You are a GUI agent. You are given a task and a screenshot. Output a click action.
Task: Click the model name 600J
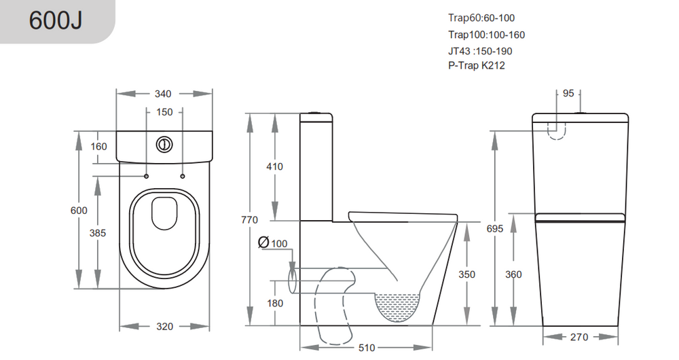click(x=56, y=20)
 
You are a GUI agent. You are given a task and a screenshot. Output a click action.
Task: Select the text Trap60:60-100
click(x=481, y=18)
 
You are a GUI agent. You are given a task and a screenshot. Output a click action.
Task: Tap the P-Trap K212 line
click(x=477, y=65)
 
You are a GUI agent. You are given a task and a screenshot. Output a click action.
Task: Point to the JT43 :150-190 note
click(x=480, y=51)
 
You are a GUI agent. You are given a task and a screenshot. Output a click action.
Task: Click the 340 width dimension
click(x=163, y=94)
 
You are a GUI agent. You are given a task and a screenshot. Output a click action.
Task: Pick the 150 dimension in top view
click(x=164, y=112)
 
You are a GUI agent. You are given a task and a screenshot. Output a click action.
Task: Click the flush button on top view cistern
click(x=164, y=144)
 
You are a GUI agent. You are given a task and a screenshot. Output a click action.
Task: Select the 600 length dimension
click(x=79, y=211)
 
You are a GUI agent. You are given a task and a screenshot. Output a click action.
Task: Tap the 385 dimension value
click(x=97, y=233)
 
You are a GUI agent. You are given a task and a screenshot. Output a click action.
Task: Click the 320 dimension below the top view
click(x=164, y=327)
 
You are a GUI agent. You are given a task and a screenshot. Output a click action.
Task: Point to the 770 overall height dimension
click(x=249, y=220)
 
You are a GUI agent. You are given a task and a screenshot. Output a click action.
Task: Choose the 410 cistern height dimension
click(x=274, y=166)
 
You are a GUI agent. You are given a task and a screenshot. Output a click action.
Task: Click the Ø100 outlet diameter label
click(x=273, y=242)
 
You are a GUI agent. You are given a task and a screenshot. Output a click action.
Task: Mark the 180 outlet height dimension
click(x=275, y=303)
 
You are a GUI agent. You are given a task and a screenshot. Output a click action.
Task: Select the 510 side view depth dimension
click(x=367, y=348)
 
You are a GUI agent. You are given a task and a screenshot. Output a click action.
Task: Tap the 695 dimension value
click(x=494, y=229)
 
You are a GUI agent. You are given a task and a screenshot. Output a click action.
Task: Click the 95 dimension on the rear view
click(x=568, y=93)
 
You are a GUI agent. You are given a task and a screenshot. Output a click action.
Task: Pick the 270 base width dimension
click(x=579, y=337)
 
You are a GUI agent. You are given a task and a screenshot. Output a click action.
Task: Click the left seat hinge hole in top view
click(x=147, y=177)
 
